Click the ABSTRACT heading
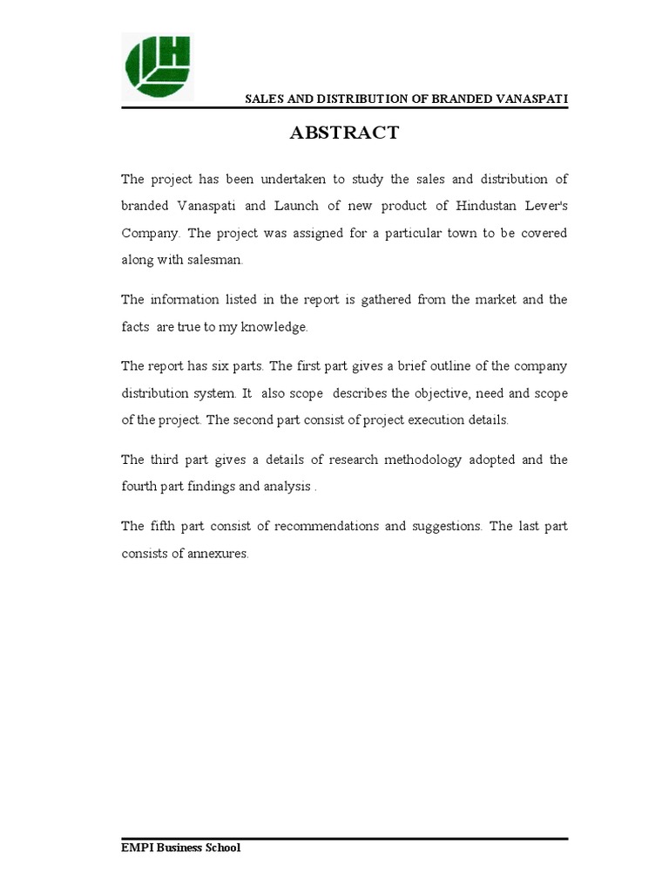point(344,133)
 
